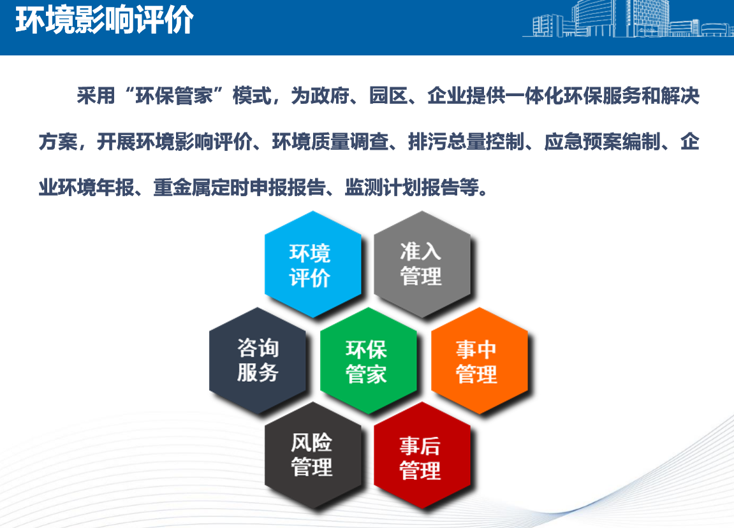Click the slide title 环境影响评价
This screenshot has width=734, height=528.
pos(105,20)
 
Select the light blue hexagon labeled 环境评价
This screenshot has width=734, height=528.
pos(312,265)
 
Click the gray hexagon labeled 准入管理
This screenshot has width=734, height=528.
pos(422,265)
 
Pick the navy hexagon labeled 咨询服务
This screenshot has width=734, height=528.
pos(258,360)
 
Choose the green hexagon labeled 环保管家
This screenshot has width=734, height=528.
pos(369,360)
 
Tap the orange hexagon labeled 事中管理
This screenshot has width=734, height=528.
pos(480,360)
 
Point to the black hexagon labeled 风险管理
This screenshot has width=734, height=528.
pos(312,455)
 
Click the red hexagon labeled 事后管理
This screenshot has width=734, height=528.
pos(422,455)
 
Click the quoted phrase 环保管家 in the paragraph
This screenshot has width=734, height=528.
pos(174,96)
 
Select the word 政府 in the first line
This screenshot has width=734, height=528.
pos(329,96)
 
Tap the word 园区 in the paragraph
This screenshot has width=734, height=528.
pos(388,96)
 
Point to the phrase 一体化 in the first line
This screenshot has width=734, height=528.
pos(534,96)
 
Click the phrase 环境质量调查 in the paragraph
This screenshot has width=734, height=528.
pos(330,141)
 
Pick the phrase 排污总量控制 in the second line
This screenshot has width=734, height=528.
pos(466,141)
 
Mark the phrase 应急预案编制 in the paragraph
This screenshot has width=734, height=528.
pos(602,141)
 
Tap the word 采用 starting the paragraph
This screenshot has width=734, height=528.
pos(96,96)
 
